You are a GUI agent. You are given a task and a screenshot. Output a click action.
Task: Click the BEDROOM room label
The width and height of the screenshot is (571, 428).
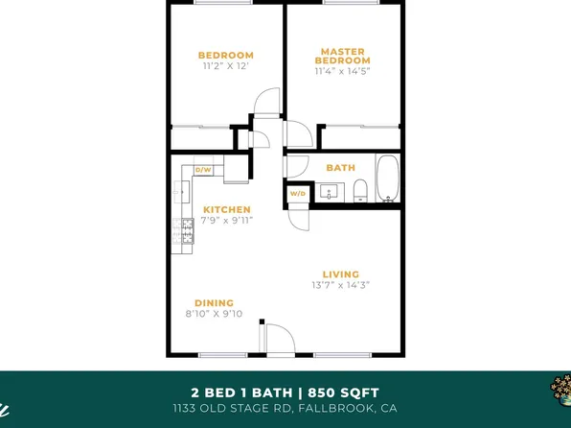pos(226,55)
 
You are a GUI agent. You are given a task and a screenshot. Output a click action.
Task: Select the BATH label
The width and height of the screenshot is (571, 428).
pos(340,168)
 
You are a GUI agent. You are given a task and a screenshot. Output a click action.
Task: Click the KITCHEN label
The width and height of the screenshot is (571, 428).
pos(227,209)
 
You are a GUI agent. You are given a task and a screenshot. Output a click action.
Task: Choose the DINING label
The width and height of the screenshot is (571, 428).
pos(214,302)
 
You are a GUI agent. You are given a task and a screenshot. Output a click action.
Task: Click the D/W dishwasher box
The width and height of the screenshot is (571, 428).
pos(203,170)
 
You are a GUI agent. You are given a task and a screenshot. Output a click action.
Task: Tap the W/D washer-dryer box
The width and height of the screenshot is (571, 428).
pos(297,194)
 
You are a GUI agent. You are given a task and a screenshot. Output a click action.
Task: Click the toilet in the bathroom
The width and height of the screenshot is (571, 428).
pos(361,190)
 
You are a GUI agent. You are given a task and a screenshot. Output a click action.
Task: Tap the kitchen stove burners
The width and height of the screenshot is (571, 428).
pos(184,229)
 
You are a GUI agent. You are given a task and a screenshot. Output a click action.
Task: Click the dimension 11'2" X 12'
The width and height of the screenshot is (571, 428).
pos(226,67)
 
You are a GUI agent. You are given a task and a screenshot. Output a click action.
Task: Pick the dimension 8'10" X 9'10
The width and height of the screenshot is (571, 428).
pos(214,314)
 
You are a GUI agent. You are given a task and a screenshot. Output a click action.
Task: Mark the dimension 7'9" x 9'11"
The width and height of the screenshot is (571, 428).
pos(227,221)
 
